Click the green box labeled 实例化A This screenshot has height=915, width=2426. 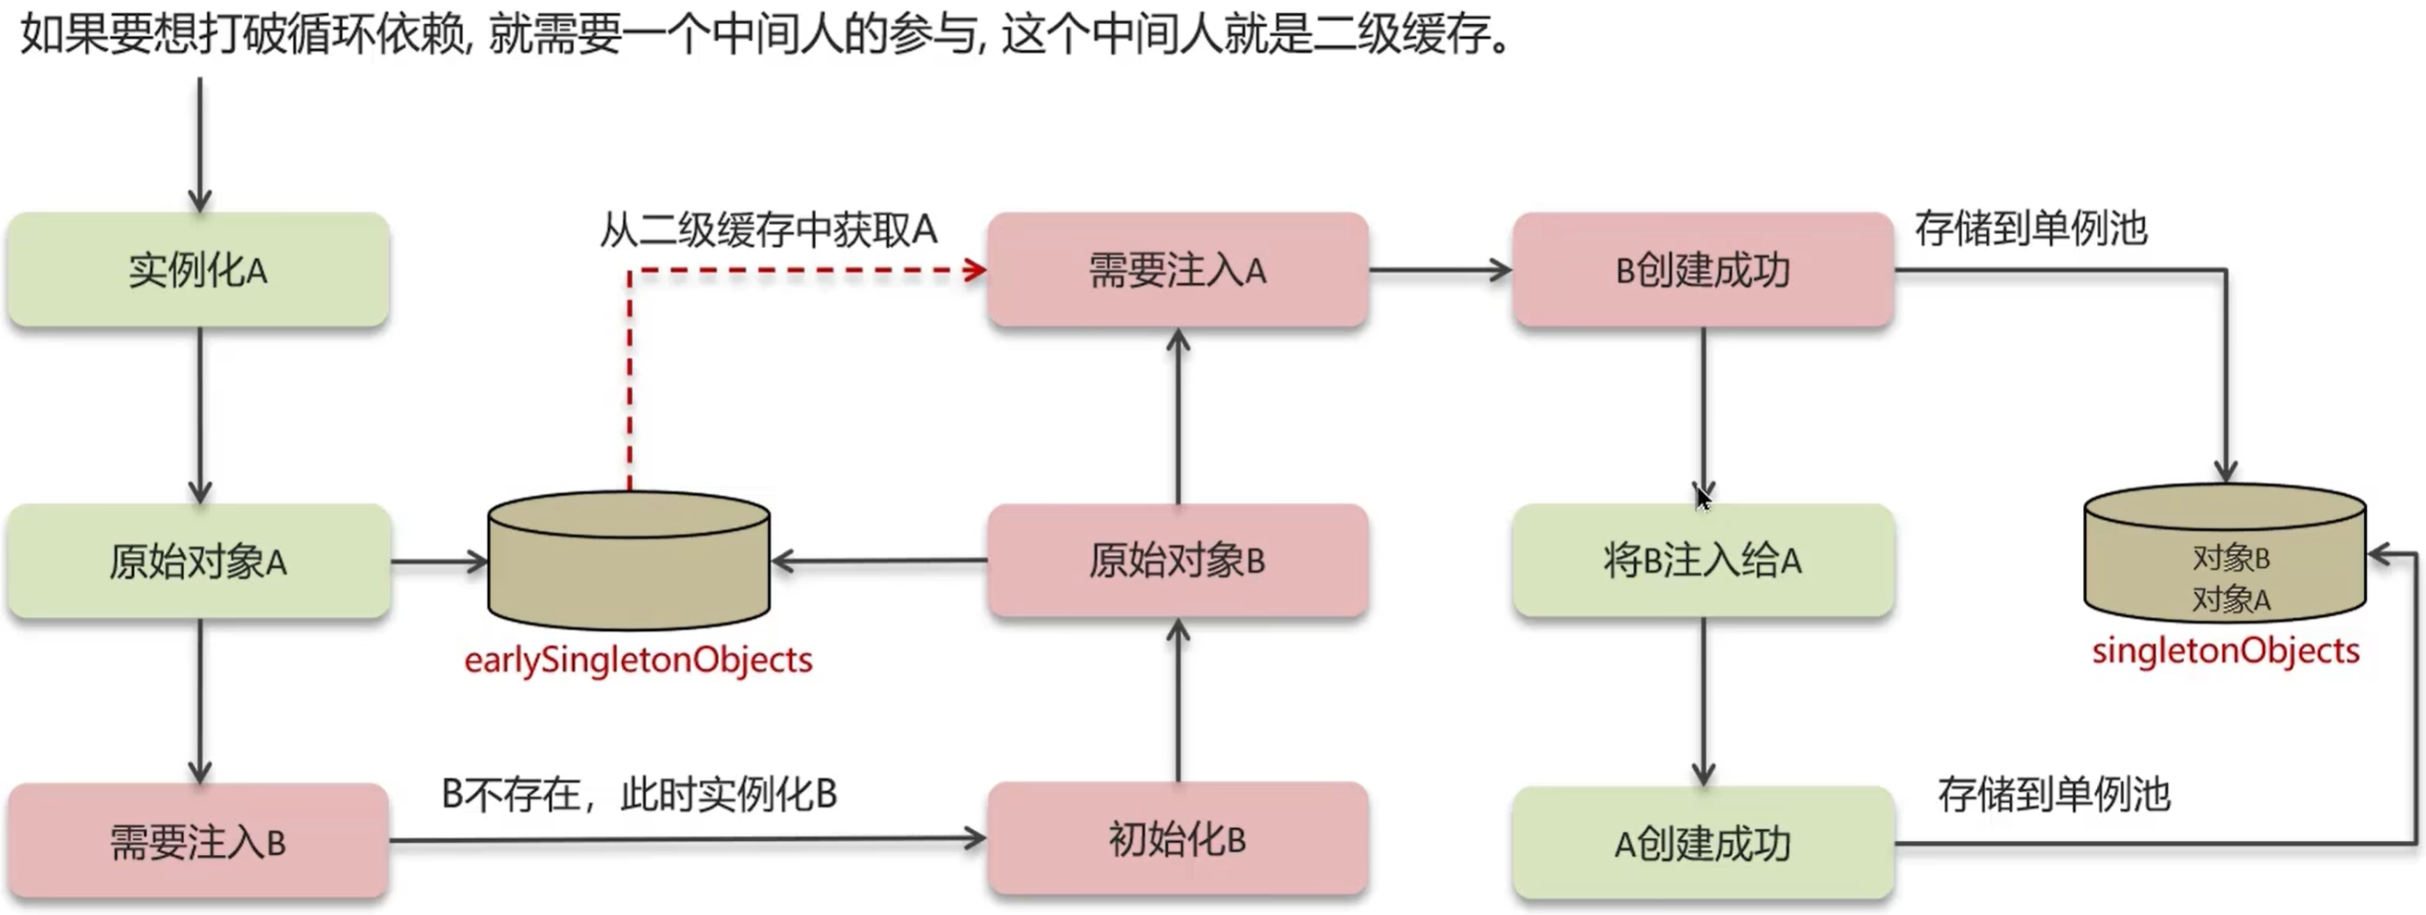pos(198,270)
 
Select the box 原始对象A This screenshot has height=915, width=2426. pos(198,562)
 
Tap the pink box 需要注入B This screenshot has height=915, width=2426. pos(198,841)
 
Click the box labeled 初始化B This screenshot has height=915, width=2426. pos(1177,838)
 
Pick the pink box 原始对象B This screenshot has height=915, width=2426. pos(1177,561)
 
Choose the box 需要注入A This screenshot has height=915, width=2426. pos(1177,270)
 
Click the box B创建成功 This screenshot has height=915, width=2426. pos(1702,270)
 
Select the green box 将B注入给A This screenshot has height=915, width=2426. pos(1702,561)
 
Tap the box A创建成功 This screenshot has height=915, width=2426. pos(1702,843)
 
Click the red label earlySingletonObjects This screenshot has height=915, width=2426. pos(638,660)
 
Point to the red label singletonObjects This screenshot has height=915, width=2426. pos(2225,651)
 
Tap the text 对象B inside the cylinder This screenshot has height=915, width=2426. pos(2230,558)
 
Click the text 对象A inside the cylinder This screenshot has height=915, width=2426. pos(2230,599)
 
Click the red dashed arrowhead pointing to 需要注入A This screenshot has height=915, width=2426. pos(976,271)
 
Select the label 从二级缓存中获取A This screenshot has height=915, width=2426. pos(768,230)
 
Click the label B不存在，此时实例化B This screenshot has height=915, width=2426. pos(639,795)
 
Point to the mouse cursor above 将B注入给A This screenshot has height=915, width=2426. pos(1702,496)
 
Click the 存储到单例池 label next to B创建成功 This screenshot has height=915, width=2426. pos(2030,229)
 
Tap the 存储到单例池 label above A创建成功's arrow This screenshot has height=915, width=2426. pos(2053,795)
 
